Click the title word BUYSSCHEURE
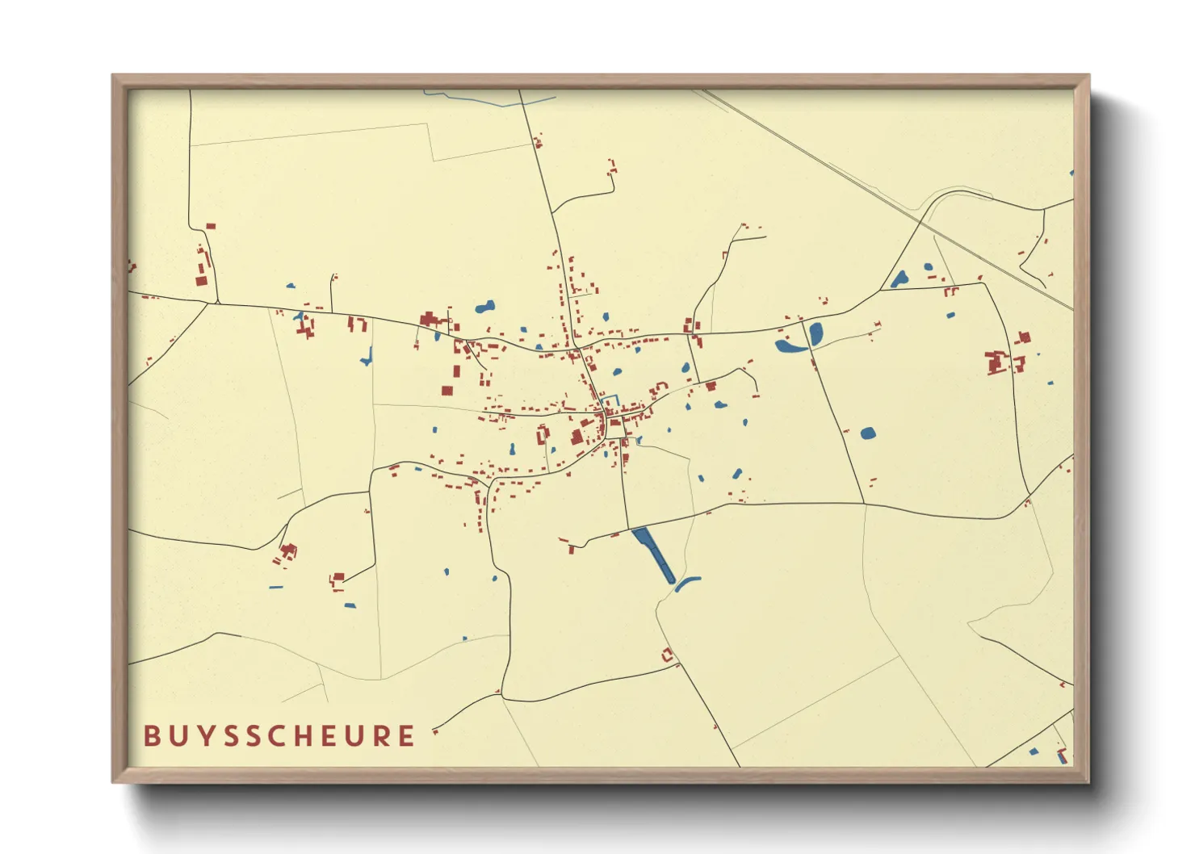279,735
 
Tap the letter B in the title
151,735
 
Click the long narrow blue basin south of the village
653,555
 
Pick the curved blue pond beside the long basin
687,582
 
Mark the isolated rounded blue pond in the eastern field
868,433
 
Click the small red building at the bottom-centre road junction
668,655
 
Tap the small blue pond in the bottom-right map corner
1034,751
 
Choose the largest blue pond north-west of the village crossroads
484,307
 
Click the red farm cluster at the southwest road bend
287,553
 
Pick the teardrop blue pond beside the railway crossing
899,279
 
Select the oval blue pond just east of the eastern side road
816,332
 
